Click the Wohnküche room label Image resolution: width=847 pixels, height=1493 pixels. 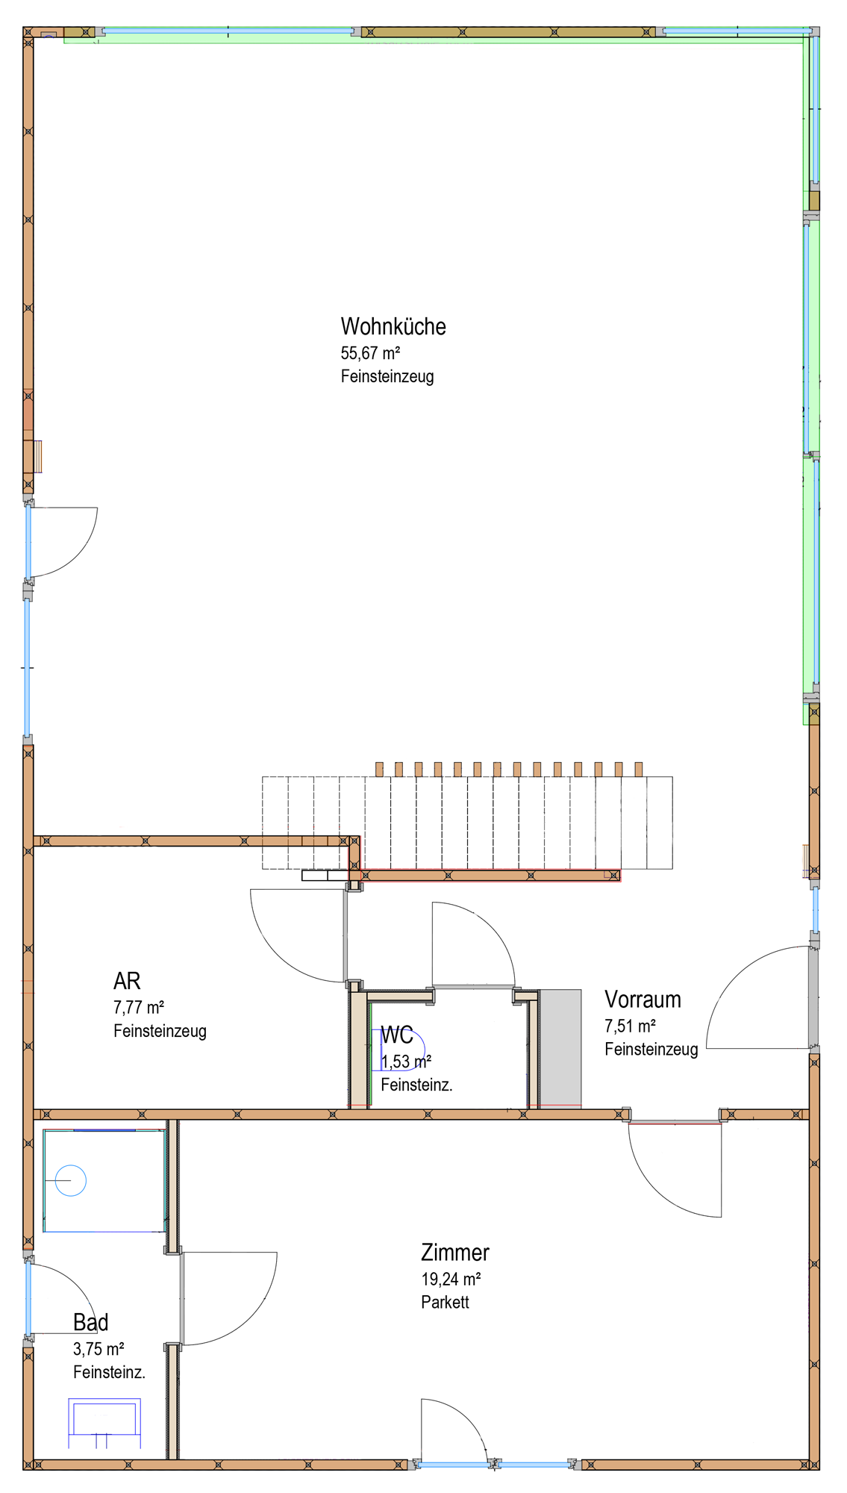click(393, 327)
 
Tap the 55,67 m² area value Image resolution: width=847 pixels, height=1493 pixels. click(370, 353)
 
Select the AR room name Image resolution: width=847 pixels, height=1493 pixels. click(127, 981)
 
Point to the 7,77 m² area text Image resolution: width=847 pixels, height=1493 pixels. click(139, 1008)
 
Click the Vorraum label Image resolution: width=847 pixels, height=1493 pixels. click(643, 1000)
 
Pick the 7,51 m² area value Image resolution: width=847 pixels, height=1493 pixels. click(630, 1026)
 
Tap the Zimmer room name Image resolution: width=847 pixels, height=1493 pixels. click(455, 1252)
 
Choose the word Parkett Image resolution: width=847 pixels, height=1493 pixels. click(445, 1302)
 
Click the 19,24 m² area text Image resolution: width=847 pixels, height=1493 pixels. click(451, 1279)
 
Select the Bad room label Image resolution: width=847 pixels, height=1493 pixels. click(90, 1322)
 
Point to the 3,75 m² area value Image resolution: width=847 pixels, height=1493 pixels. click(99, 1349)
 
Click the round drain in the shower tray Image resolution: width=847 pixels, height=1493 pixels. click(71, 1181)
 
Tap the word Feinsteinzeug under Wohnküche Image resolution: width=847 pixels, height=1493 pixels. click(387, 376)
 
